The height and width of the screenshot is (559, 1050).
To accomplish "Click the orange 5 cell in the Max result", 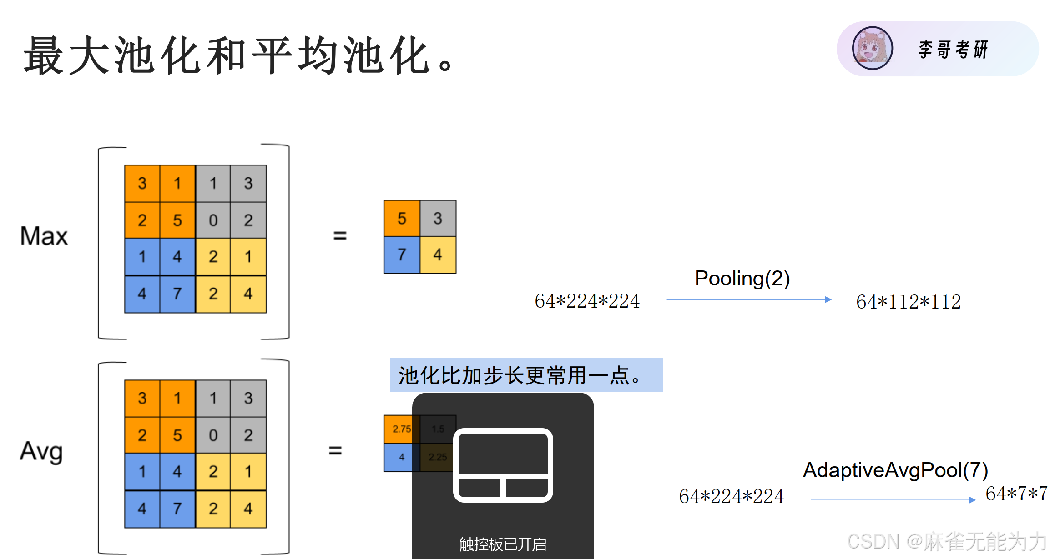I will point(402,218).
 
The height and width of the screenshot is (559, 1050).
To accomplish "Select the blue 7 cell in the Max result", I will point(402,255).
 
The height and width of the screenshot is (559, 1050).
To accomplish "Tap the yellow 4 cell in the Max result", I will point(438,255).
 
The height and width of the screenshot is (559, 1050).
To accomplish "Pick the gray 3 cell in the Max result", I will point(438,218).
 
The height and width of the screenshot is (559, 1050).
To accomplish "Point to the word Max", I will point(44,236).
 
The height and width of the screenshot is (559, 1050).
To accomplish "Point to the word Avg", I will point(41,451).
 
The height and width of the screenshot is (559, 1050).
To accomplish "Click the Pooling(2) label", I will point(742,278).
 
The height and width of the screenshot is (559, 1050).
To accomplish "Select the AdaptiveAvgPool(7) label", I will point(895,470).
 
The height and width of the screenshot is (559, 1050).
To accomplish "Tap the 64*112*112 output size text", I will point(908,302).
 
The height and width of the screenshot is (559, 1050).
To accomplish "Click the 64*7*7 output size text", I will point(1016,494).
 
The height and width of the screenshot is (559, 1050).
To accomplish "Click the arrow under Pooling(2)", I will point(748,299).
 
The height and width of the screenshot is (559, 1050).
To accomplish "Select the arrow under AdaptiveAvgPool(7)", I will point(893,500).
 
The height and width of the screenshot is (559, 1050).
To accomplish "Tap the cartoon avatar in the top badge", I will point(872,48).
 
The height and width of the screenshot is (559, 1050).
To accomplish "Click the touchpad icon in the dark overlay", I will point(503,465).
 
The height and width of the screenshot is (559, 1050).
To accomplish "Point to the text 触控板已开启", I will point(503,544).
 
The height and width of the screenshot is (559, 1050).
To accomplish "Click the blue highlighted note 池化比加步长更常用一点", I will point(525,375).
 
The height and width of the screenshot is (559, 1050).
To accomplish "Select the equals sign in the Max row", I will point(340,235).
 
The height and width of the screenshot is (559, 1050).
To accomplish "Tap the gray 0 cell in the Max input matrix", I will point(213,220).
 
